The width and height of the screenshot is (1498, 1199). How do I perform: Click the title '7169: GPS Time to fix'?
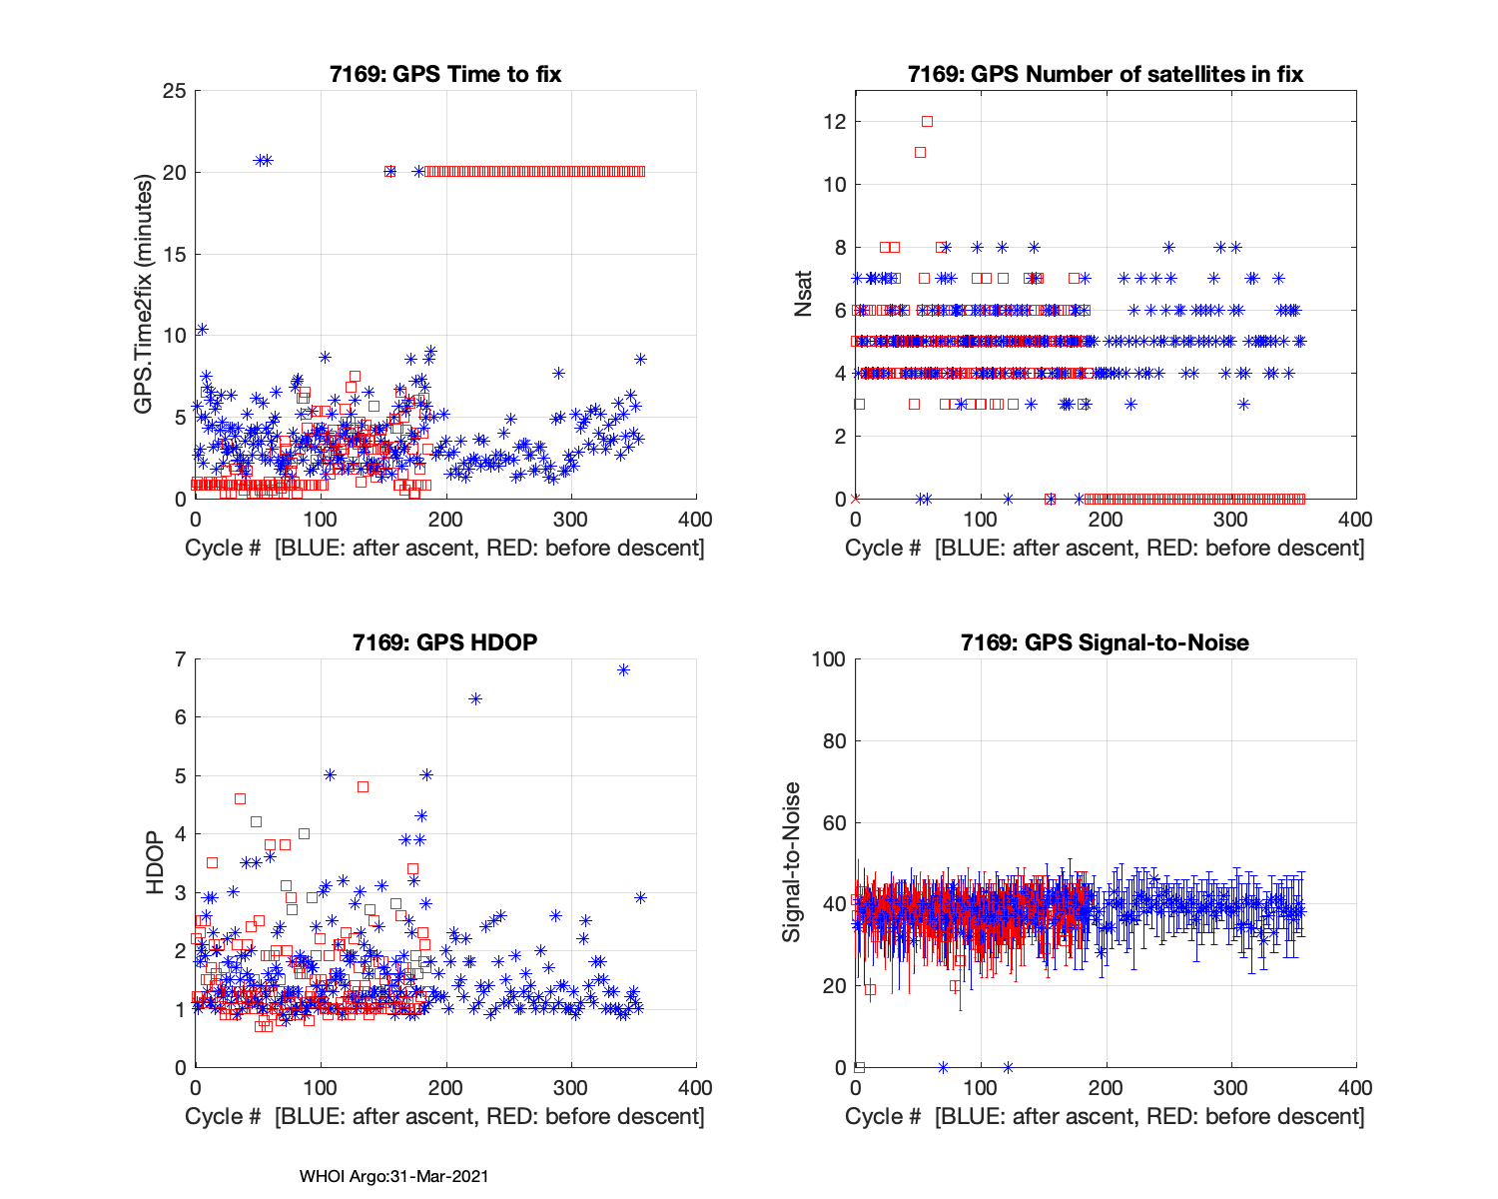tap(445, 75)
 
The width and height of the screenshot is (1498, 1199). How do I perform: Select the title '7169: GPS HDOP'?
tap(445, 642)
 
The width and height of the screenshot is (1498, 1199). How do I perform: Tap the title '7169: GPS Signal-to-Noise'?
tap(1105, 642)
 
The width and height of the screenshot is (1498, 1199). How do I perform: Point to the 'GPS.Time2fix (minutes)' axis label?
tap(145, 295)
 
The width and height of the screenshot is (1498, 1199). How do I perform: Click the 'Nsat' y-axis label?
tap(804, 295)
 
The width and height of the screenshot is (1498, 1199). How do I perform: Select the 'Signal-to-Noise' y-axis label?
tap(792, 862)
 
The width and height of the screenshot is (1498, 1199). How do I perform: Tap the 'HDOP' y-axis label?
tap(155, 862)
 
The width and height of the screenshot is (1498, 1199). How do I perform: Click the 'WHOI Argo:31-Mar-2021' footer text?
tap(393, 1176)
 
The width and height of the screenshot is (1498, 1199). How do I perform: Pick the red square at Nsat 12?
tap(927, 122)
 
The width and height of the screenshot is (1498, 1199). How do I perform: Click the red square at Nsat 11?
tap(920, 153)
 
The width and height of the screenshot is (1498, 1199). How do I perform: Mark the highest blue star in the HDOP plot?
tap(623, 670)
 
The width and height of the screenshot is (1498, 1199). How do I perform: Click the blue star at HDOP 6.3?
tap(475, 699)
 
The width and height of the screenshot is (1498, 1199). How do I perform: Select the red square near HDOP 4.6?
tap(240, 798)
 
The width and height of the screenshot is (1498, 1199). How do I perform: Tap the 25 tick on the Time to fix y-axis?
tap(176, 91)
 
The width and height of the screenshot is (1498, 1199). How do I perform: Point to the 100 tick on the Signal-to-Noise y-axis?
tap(830, 659)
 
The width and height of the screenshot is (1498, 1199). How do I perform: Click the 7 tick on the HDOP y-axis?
tap(181, 659)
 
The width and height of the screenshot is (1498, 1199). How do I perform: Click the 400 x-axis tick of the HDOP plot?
tap(695, 1087)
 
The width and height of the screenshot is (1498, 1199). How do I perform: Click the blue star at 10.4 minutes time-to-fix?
tap(202, 329)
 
